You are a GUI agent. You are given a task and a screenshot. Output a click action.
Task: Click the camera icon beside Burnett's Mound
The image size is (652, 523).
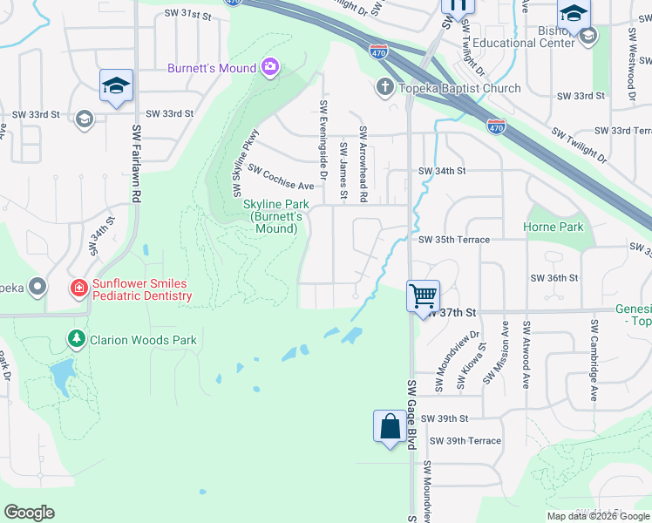[x=269, y=67]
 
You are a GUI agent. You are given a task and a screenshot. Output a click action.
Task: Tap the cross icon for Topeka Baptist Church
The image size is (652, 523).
[x=384, y=87]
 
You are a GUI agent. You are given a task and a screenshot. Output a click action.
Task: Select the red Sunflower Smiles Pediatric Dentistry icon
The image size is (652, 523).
[x=78, y=287]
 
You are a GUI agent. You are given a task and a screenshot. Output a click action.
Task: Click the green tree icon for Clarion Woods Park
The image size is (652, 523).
[x=78, y=338]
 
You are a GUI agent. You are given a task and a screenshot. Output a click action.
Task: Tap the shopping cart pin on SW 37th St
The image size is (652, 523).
[x=424, y=296]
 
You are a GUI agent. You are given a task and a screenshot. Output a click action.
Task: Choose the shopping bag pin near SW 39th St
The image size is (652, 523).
[x=390, y=427]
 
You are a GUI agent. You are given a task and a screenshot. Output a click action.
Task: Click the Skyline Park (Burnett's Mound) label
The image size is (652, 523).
[x=273, y=216]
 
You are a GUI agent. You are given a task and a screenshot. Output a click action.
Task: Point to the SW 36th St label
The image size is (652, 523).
[x=554, y=278]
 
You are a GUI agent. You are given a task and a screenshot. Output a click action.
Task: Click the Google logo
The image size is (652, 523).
[x=29, y=513]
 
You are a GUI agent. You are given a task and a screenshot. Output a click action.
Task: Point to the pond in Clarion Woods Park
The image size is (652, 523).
[x=61, y=376]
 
